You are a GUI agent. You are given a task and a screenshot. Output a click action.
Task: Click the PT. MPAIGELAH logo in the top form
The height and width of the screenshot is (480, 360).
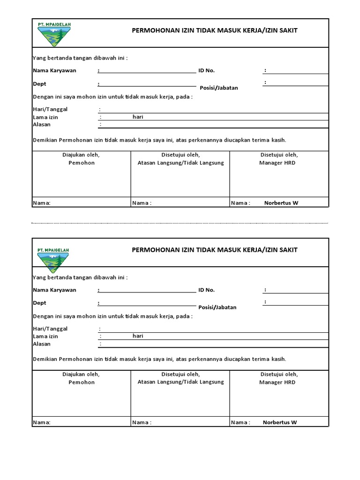point(53,34)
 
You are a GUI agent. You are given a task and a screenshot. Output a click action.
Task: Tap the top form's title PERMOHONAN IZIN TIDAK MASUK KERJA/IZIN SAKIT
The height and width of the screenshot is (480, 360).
point(215,31)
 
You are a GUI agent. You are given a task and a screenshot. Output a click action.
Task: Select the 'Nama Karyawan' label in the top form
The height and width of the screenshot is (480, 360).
point(54,71)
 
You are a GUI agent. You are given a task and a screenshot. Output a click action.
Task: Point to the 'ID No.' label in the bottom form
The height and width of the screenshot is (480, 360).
point(206,290)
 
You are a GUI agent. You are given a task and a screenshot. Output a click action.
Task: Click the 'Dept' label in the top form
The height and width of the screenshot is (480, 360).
point(39,84)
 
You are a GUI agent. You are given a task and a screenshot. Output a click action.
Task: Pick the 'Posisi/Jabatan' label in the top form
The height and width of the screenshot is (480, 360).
point(219,88)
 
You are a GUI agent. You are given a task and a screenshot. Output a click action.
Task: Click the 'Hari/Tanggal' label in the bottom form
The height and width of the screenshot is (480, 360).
point(50,329)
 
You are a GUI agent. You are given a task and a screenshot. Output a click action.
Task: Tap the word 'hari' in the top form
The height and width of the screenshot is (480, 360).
point(138,117)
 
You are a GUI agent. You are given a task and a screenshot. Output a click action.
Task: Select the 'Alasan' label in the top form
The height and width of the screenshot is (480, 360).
point(42,125)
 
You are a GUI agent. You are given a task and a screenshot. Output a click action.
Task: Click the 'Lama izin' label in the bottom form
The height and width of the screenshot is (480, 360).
point(45,337)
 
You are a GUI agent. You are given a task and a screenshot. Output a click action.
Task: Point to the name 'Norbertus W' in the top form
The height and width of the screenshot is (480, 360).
point(281,203)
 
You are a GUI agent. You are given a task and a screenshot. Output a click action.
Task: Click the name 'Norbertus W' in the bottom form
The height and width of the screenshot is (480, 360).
point(280,422)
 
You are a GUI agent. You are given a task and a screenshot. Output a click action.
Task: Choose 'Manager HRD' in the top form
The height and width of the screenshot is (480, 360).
point(277,163)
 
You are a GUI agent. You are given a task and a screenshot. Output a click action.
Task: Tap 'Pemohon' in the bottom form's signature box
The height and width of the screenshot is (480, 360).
point(82,382)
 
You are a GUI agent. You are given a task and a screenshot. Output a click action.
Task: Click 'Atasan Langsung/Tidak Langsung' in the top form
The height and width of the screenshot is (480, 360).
point(180,163)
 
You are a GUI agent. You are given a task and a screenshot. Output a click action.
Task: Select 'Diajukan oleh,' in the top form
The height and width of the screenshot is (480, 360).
point(81,155)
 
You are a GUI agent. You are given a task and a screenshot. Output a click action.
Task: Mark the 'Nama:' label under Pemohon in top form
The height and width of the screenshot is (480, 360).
point(42,203)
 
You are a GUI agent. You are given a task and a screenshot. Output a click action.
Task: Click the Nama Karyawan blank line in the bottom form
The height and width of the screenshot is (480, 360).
point(148,291)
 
